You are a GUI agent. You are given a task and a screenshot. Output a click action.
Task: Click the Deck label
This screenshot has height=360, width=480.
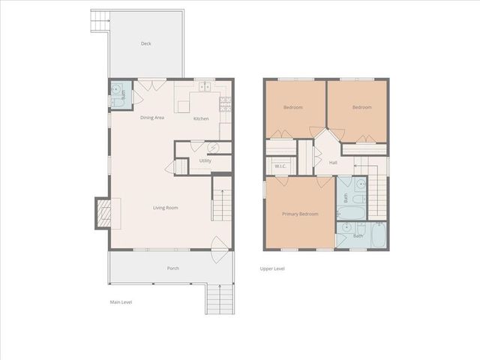(x=146, y=43)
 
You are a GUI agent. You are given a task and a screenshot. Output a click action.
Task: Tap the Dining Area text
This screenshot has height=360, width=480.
(x=152, y=118)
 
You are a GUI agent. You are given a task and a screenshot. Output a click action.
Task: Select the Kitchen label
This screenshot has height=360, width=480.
(x=201, y=118)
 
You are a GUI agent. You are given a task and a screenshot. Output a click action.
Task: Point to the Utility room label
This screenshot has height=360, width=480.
(x=205, y=160)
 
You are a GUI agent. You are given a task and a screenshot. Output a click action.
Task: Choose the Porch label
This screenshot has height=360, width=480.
(x=172, y=268)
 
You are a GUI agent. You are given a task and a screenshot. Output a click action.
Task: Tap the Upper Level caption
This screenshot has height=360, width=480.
(x=272, y=268)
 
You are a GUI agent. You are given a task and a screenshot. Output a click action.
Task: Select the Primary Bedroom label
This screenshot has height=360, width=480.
(x=300, y=214)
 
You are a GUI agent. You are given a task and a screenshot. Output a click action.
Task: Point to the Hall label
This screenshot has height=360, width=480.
(x=333, y=161)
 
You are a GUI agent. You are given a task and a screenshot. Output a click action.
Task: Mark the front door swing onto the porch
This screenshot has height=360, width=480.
(x=218, y=244)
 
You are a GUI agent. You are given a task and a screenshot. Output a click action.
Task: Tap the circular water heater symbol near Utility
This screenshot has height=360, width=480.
(x=213, y=148)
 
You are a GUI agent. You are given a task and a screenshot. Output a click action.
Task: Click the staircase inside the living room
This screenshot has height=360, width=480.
(x=221, y=199)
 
